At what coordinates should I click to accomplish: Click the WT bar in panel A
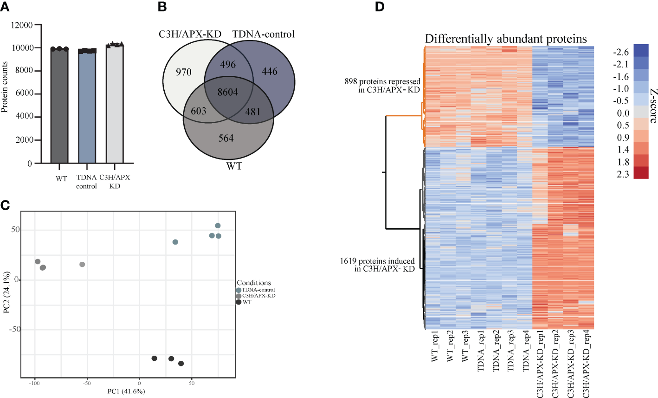[60, 107]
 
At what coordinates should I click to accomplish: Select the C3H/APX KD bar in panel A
[115, 105]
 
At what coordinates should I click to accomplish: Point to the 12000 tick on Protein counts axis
[22, 25]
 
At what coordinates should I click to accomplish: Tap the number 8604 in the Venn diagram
[228, 92]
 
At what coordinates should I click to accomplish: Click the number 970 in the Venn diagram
[184, 72]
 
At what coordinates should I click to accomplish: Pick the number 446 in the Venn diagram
[270, 72]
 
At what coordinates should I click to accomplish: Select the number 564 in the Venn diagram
[226, 138]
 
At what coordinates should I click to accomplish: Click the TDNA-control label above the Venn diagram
[263, 34]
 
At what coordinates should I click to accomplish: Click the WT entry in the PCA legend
[246, 302]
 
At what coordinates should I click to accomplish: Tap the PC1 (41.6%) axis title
[126, 391]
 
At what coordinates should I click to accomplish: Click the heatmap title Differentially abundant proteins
[506, 39]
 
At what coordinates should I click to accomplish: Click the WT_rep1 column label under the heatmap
[434, 346]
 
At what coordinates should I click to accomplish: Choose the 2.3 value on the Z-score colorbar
[623, 174]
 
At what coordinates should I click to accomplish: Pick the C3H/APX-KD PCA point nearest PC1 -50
[82, 265]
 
